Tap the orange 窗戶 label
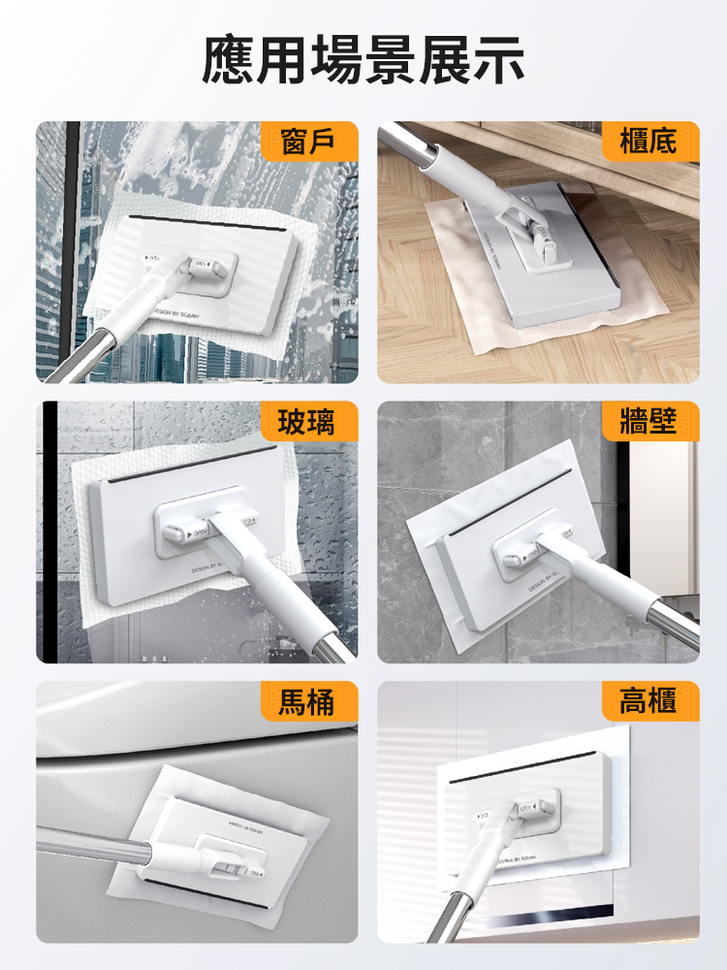309,142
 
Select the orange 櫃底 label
648,142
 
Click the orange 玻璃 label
309,422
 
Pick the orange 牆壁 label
648,422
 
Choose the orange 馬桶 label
309,701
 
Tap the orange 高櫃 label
648,701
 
